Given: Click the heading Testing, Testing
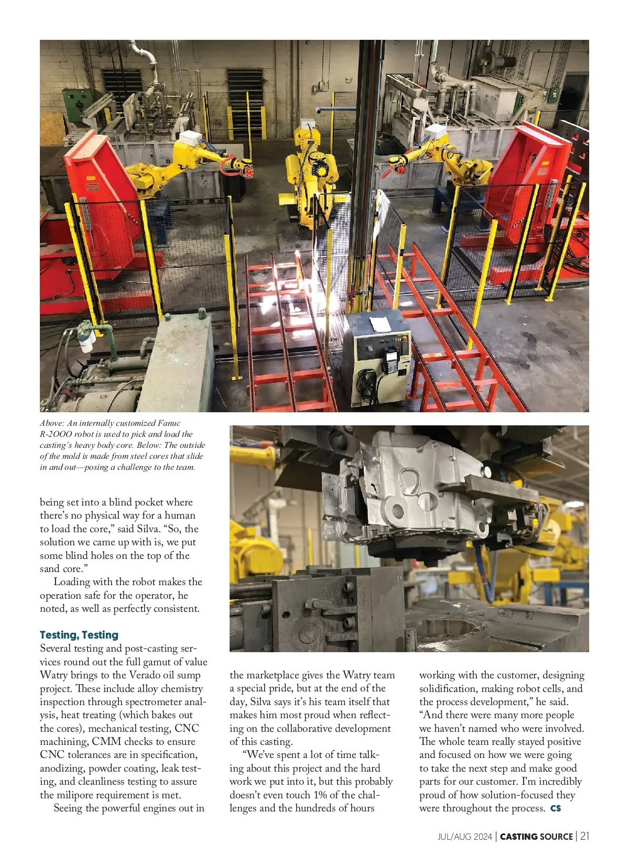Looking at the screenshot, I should tap(79, 635).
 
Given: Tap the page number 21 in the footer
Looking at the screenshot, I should tap(584, 836).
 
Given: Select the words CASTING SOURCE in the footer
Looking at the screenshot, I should tap(536, 837).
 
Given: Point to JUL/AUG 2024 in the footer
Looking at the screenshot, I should tap(464, 837).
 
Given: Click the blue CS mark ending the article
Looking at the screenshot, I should tap(556, 808).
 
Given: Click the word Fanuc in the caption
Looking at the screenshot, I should tap(169, 423).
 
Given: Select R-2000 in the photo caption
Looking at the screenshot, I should tap(56, 434).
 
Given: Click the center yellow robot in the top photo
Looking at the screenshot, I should tap(308, 168).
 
